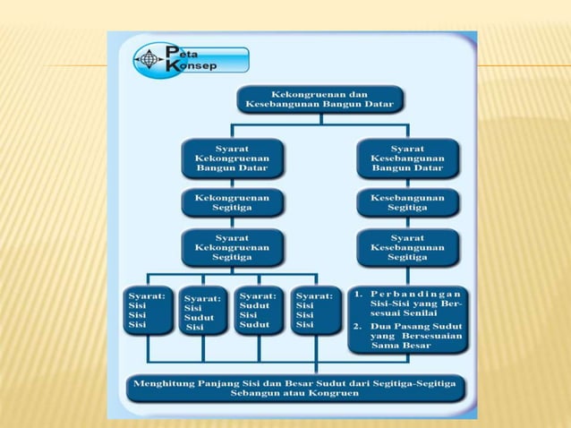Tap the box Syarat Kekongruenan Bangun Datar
point(232,158)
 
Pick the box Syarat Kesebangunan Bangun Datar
point(407,158)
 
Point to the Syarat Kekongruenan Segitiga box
point(232,247)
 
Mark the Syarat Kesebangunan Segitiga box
point(407,247)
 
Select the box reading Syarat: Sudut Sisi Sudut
point(258,310)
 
